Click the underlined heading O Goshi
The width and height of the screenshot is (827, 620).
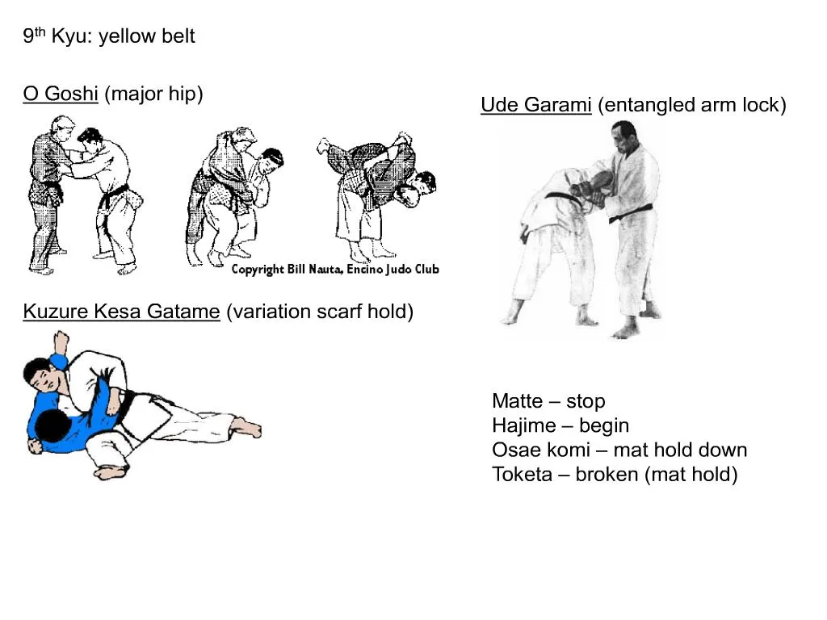coord(61,94)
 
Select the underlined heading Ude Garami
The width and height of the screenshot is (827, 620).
coord(536,105)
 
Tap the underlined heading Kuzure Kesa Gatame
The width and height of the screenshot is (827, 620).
coord(121,312)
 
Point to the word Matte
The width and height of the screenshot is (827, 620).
coord(518,401)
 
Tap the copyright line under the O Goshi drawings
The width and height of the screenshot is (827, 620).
coord(335,270)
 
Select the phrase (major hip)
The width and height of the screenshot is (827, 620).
coord(154,94)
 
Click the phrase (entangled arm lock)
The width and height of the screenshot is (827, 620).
coord(692,105)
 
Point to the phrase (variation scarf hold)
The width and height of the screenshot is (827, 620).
coord(320,312)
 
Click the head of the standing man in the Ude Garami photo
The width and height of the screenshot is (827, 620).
coord(625,136)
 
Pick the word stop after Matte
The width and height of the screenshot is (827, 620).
coord(586,402)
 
